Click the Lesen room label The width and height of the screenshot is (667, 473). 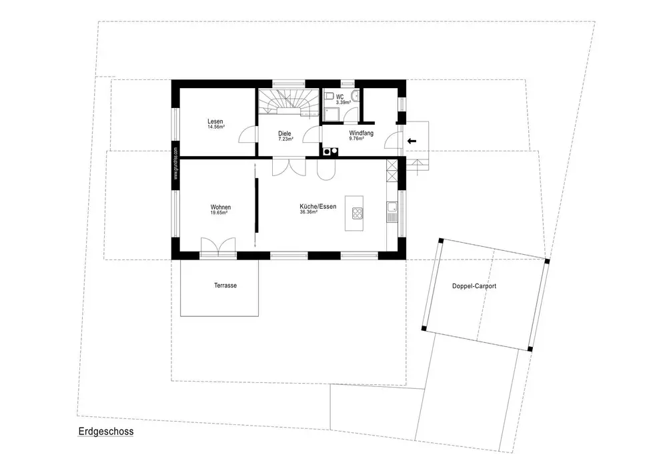[215, 121]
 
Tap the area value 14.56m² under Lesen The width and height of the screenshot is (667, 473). [215, 127]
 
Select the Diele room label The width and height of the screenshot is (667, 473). [284, 133]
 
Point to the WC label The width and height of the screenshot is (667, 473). [340, 97]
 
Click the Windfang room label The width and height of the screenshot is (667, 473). [361, 133]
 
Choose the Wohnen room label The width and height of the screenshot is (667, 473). [221, 207]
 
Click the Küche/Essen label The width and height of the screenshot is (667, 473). [317, 207]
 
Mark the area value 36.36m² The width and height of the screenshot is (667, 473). [309, 212]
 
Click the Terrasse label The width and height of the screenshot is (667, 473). [225, 286]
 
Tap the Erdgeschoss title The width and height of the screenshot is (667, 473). [105, 432]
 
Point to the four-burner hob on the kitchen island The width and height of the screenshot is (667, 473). [357, 214]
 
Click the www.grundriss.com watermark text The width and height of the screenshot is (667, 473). [175, 165]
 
